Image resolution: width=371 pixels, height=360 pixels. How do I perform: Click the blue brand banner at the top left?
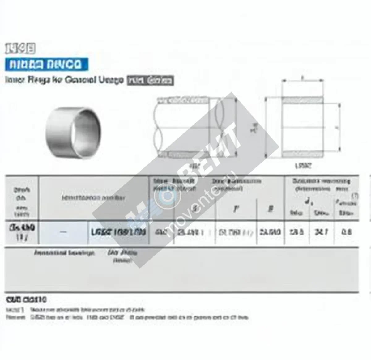coord(46,65)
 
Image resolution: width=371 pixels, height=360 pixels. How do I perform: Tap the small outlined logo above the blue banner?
coord(20,49)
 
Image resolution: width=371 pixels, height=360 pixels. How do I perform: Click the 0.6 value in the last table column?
coord(347,232)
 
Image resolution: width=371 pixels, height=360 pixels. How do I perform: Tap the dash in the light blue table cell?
coord(63,232)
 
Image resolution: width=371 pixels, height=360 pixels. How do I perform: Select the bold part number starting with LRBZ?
coord(118,232)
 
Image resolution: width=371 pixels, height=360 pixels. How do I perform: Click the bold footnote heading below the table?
coord(26,299)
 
